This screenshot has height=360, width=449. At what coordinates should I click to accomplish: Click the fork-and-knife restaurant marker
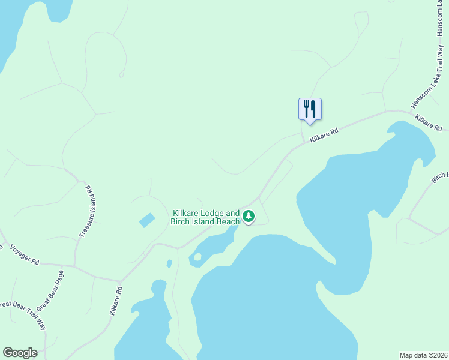[310, 109]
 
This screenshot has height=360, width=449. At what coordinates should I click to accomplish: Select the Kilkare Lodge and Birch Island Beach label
[206, 217]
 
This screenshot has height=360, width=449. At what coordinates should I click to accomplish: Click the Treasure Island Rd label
[84, 211]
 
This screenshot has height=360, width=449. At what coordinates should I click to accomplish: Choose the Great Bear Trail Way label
[24, 315]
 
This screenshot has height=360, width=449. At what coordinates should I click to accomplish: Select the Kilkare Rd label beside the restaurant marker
[324, 134]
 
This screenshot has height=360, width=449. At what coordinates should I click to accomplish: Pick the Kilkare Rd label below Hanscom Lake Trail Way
[428, 124]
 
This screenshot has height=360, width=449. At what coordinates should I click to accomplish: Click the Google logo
[20, 353]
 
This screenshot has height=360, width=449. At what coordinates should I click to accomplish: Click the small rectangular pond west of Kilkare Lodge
[147, 220]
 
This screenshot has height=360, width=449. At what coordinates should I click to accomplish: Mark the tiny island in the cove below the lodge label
[197, 257]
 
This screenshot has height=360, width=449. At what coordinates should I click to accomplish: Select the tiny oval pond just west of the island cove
[169, 263]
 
